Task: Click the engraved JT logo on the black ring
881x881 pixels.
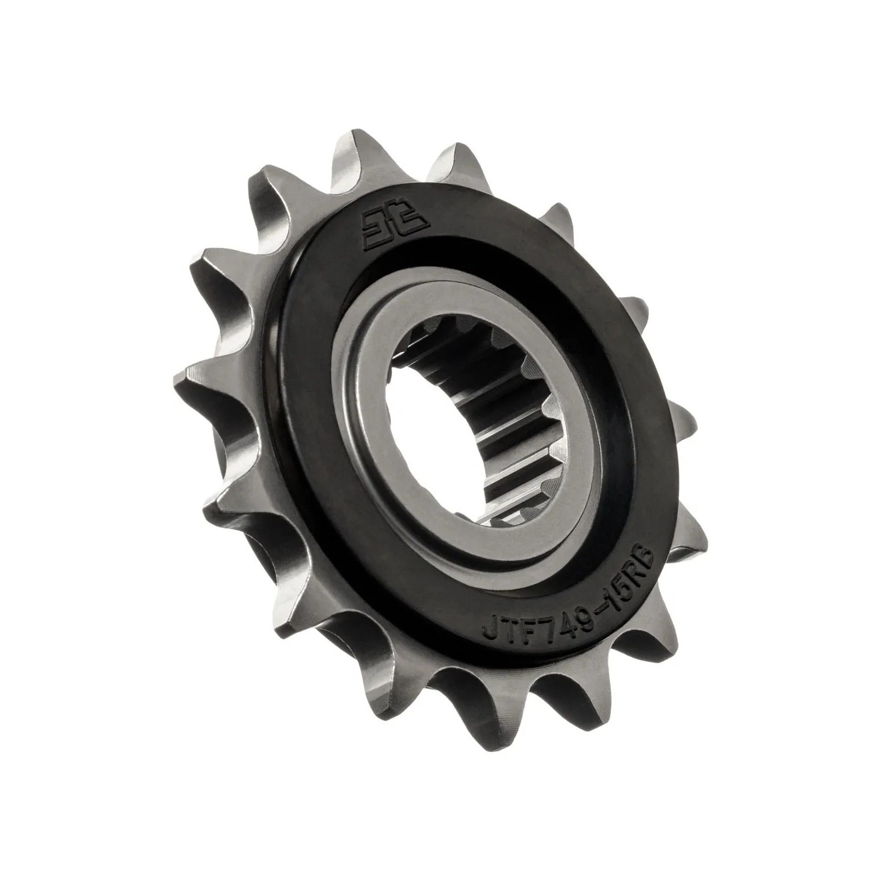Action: click(396, 227)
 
